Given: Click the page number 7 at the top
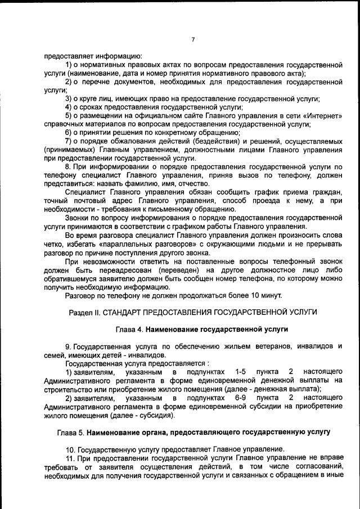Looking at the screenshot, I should [x=192, y=39].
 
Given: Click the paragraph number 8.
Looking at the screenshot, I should [x=68, y=167].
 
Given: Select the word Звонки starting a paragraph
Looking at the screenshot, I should [x=77, y=218].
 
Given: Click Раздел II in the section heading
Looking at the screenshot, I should [x=84, y=312].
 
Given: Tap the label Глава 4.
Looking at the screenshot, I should [x=128, y=328].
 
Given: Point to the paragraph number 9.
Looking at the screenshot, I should [x=68, y=346].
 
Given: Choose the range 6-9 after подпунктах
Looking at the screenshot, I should [x=241, y=398].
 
